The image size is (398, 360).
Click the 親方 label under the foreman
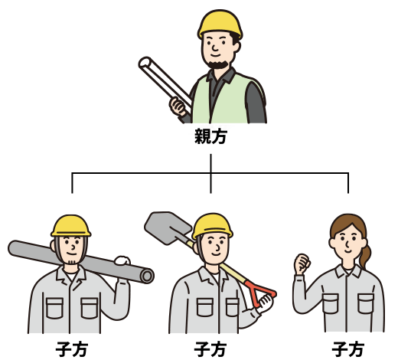pos(210,136)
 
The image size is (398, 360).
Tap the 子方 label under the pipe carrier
pos(72,349)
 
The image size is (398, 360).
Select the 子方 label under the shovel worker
pos(210,349)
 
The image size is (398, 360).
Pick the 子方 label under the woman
pos(348,349)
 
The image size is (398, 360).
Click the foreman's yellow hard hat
pos(220,24)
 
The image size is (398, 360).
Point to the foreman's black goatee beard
pos(217,64)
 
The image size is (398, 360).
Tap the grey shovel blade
pos(167,227)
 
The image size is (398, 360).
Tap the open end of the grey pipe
pos(147,276)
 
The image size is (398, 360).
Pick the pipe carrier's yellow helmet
pos(71,226)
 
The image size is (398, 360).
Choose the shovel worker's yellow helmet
pos(212,226)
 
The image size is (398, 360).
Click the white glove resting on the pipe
pos(122,260)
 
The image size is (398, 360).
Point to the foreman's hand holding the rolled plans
pos(178,106)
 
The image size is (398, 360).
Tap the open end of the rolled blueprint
pos(145,63)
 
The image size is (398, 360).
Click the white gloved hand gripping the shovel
pos(265,303)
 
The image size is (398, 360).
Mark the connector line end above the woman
pos(348,193)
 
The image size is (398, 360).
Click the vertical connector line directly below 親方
pos(210,173)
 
